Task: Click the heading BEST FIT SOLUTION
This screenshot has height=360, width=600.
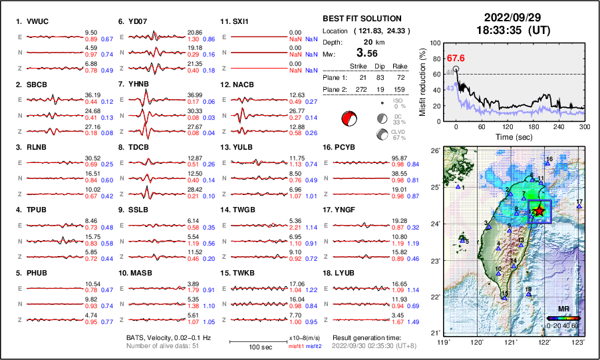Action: click(361, 19)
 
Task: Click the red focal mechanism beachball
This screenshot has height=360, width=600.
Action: click(349, 119)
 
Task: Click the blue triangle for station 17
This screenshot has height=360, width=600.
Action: click(579, 207)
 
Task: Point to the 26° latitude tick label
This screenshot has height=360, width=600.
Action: click(434, 151)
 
